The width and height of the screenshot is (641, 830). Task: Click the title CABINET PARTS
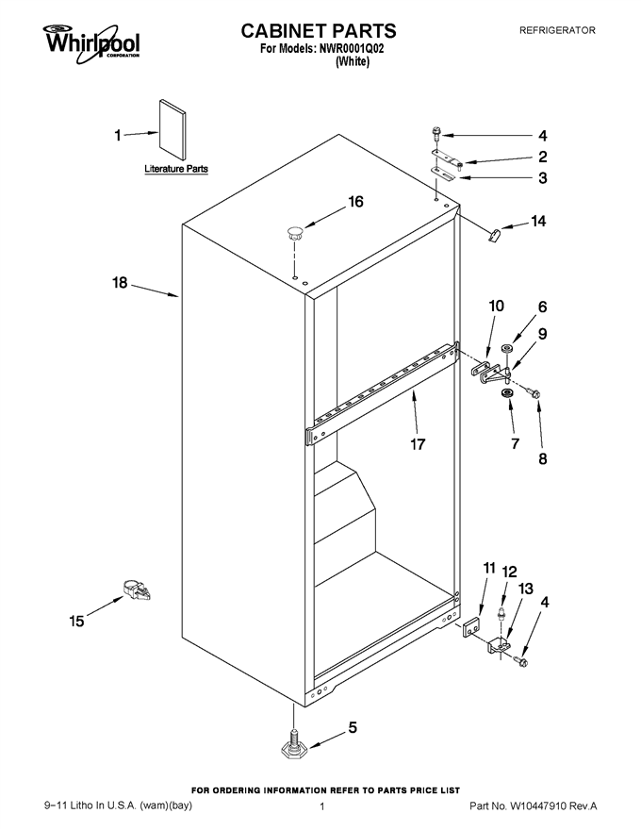(x=319, y=31)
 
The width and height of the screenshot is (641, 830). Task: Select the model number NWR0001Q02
(x=352, y=49)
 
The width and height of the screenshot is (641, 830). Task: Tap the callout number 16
(x=355, y=202)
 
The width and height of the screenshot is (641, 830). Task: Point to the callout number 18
(x=120, y=283)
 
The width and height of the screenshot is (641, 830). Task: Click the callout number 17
(x=418, y=443)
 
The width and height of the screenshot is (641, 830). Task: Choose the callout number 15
(x=76, y=621)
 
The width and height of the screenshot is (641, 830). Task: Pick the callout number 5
(x=353, y=727)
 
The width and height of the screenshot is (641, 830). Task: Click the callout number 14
(x=538, y=221)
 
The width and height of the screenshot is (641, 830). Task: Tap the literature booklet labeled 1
(x=173, y=129)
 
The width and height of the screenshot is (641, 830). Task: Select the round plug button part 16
(x=295, y=232)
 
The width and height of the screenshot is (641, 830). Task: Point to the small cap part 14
(x=494, y=235)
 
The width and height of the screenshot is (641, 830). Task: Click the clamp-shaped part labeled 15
(x=137, y=589)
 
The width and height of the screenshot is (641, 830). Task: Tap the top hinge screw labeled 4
(x=436, y=133)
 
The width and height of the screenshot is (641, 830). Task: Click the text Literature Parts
(x=176, y=169)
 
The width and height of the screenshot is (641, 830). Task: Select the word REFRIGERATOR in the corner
(x=557, y=31)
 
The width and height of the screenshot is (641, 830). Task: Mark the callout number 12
(x=509, y=572)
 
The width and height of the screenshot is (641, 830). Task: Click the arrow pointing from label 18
(x=155, y=291)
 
